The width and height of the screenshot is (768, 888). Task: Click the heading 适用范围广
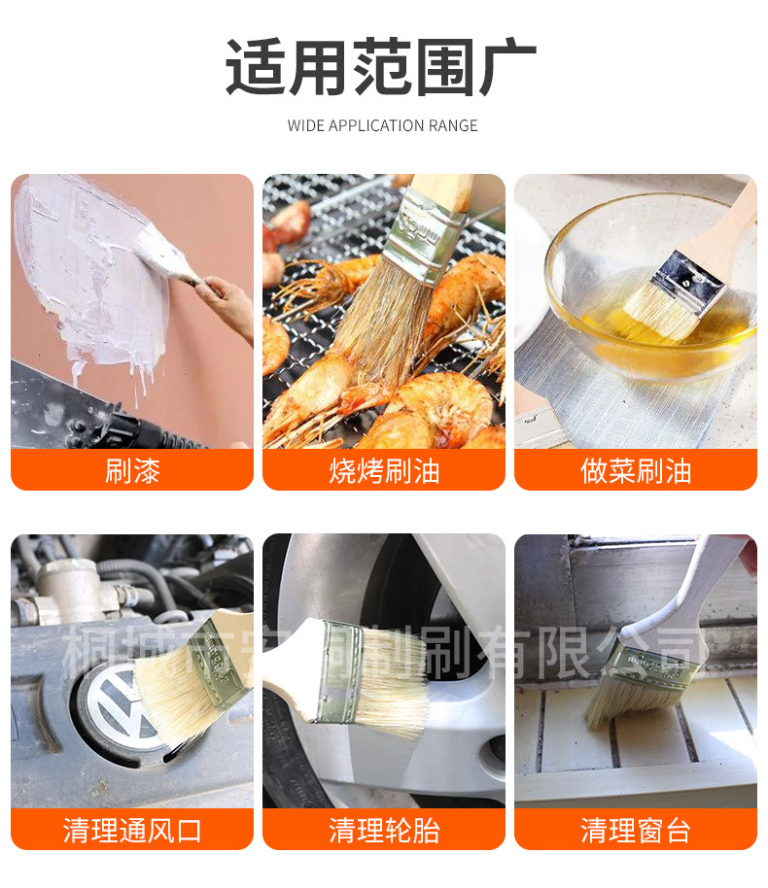click(381, 67)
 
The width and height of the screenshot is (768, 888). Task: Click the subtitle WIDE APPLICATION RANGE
click(383, 125)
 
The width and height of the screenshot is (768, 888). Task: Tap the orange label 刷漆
click(132, 470)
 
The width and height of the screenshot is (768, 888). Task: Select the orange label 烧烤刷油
click(384, 470)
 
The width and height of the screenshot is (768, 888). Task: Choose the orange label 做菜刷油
click(636, 470)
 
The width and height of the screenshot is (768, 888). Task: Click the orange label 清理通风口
click(132, 830)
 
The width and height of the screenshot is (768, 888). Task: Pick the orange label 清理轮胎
click(384, 830)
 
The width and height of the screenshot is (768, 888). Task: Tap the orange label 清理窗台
click(636, 830)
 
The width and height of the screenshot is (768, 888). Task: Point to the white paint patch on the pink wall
click(87, 262)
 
